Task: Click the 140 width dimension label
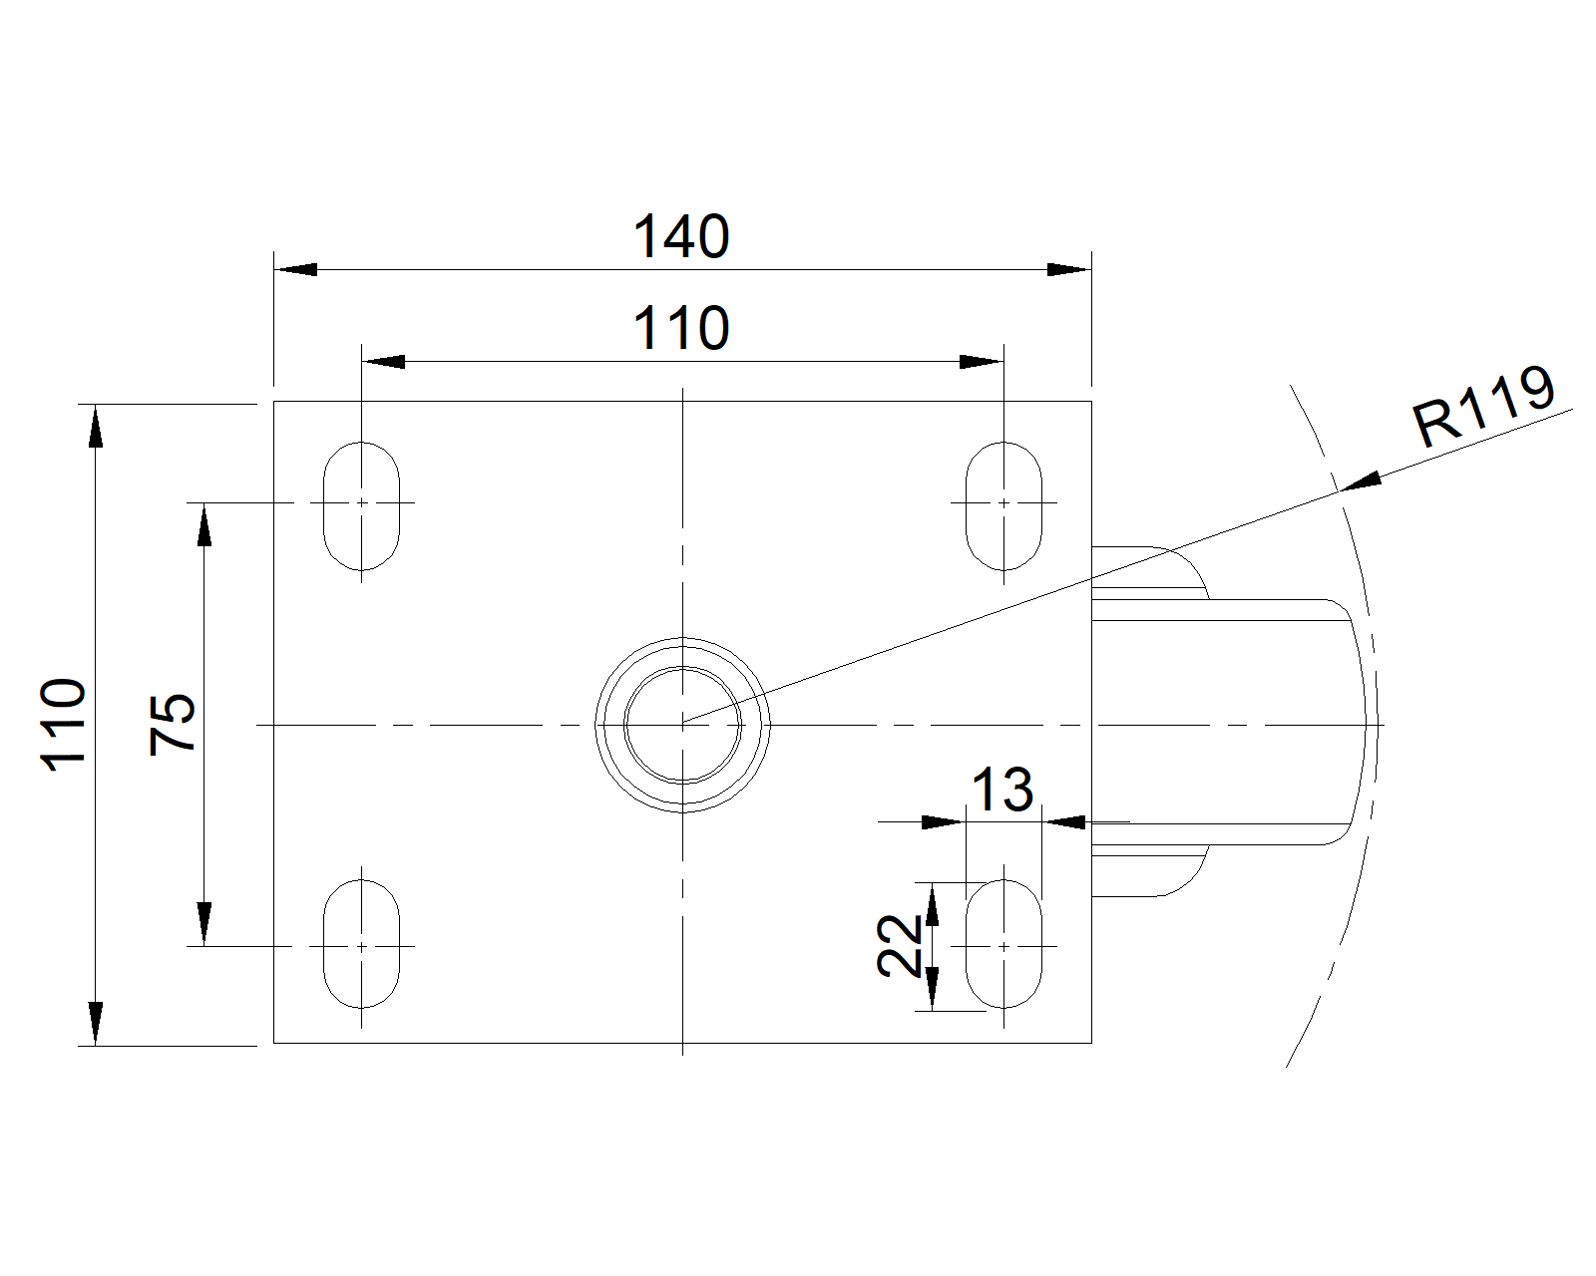pyautogui.click(x=681, y=236)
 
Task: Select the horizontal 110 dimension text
pyautogui.click(x=681, y=328)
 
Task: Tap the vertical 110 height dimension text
pyautogui.click(x=64, y=725)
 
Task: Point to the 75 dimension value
pyautogui.click(x=172, y=725)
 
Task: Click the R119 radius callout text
pyautogui.click(x=1482, y=407)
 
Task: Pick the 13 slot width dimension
pyautogui.click(x=1001, y=790)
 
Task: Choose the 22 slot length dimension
pyautogui.click(x=899, y=946)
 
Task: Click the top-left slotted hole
pyautogui.click(x=361, y=506)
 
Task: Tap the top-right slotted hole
pyautogui.click(x=1003, y=506)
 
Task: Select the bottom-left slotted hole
pyautogui.click(x=361, y=944)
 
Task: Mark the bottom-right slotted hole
pyautogui.click(x=1003, y=944)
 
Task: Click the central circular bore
pyautogui.click(x=682, y=725)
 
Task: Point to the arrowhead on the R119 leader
pyautogui.click(x=1362, y=480)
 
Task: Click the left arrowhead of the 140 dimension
pyautogui.click(x=296, y=269)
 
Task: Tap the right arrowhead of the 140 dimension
pyautogui.click(x=1069, y=269)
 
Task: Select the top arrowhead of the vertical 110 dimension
pyautogui.click(x=96, y=426)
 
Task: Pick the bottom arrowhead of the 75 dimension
pyautogui.click(x=203, y=924)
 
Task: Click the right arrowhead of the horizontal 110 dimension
pyautogui.click(x=982, y=362)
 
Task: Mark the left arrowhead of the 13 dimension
pyautogui.click(x=944, y=822)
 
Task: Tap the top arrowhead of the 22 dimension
pyautogui.click(x=933, y=904)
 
